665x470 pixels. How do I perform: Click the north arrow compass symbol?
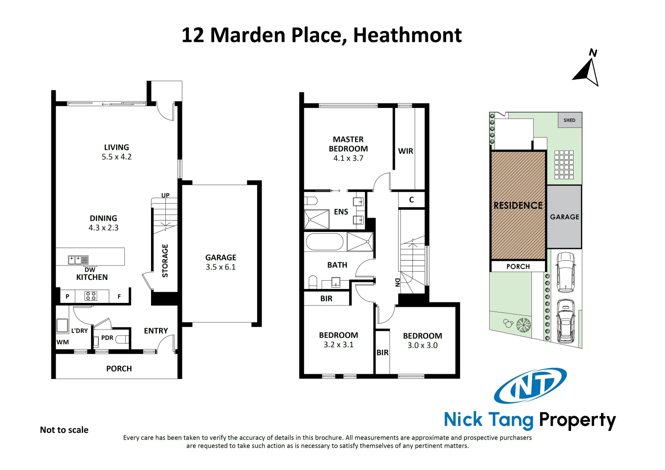588,71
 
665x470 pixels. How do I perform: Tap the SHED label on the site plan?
569,120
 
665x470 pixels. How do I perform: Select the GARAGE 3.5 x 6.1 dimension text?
221,267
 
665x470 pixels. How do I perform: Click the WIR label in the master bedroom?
405,151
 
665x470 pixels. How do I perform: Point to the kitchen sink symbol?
78,260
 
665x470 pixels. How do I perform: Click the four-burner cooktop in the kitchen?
91,296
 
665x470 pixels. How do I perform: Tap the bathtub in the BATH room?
324,242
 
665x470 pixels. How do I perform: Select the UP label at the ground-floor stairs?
165,195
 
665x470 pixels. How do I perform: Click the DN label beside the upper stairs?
397,282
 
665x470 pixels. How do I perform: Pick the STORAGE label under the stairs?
165,261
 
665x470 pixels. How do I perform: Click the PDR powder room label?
107,338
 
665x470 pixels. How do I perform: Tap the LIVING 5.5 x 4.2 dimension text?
116,157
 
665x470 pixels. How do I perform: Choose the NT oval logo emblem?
530,385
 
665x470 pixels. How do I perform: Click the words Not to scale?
64,430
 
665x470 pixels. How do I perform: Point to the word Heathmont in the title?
407,35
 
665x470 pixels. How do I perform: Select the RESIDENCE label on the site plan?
518,205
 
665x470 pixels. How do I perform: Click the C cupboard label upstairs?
411,200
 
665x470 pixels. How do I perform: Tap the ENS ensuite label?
341,212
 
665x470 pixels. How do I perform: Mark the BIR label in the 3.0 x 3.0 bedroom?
382,352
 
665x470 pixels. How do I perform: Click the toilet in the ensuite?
311,201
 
